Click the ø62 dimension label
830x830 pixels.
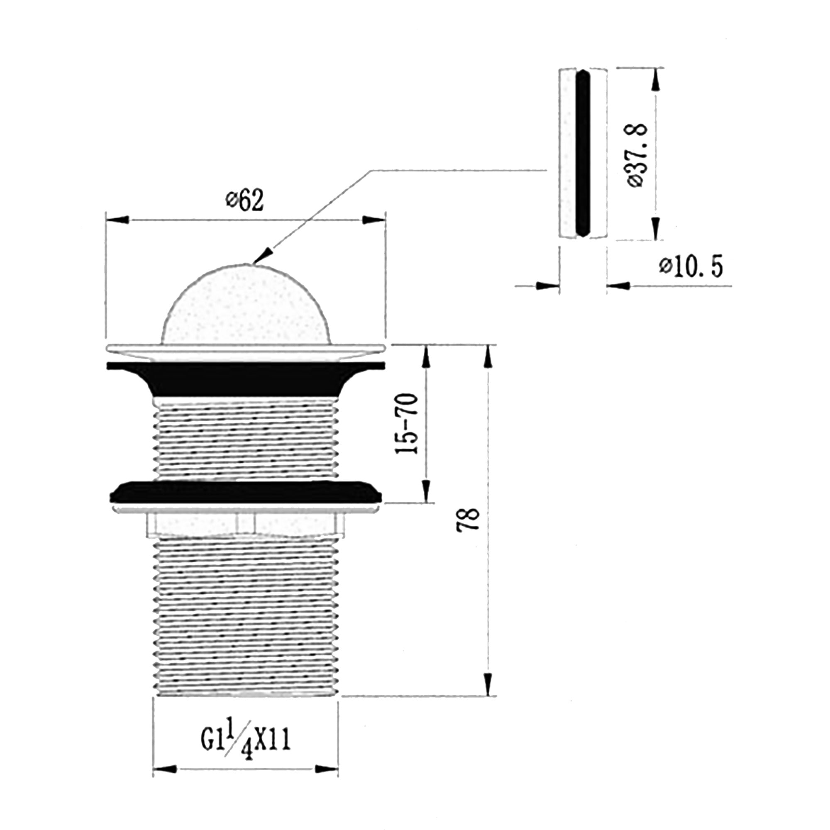pos(244,200)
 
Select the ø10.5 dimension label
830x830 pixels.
pos(691,267)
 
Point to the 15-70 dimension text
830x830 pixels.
pos(406,424)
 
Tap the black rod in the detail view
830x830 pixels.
pos(583,153)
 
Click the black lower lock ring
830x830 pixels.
pos(246,492)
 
